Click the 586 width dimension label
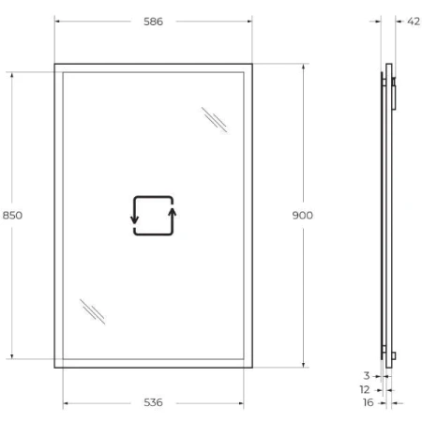coord(153,22)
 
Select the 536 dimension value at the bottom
coord(153,404)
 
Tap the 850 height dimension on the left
coord(12,215)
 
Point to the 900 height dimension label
coord(303,215)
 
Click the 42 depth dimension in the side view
coord(414,22)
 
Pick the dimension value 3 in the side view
coord(366,375)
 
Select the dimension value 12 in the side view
coord(365,388)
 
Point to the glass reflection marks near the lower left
coord(92,310)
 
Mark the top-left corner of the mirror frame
coord(55,65)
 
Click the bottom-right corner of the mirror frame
coord(251,366)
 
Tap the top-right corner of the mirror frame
coord(251,65)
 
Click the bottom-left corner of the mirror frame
coord(55,366)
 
